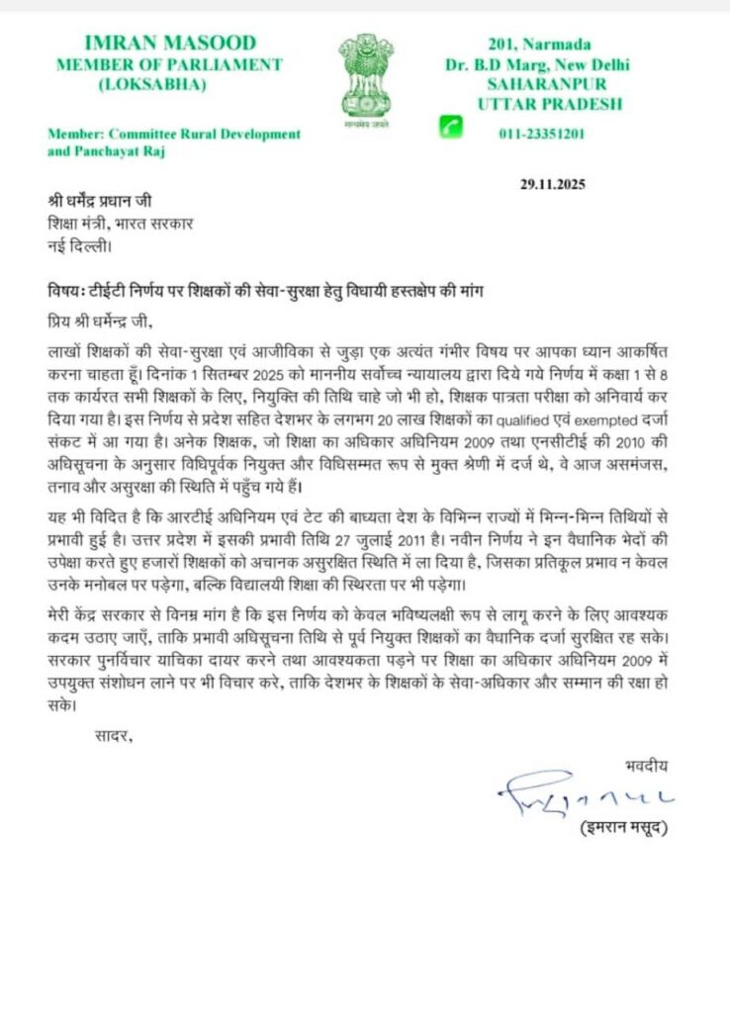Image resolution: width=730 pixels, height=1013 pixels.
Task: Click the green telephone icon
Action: point(453,126)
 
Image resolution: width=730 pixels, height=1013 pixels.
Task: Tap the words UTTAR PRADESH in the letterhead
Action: point(549,104)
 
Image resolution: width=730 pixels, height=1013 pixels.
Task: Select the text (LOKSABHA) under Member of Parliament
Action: point(152,84)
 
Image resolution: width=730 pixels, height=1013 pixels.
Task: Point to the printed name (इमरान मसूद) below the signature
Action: point(622,828)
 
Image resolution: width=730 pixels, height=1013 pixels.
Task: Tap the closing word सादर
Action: point(112,735)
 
